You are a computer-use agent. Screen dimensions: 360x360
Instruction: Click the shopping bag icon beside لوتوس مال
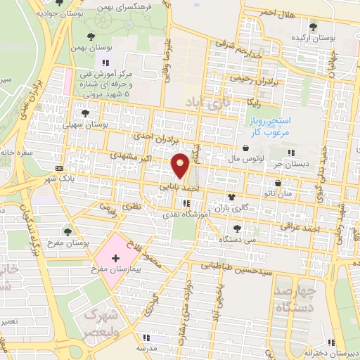[x=245, y=148]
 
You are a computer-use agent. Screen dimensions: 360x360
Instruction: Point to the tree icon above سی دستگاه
[x=237, y=227]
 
